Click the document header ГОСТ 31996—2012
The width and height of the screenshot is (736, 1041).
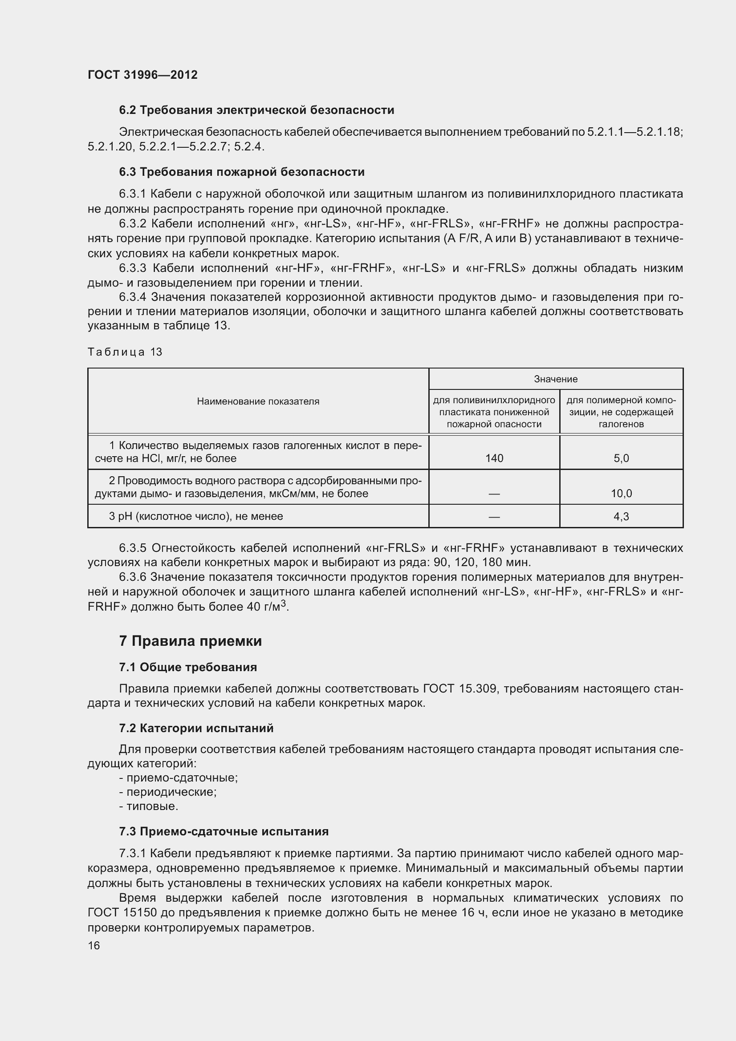[x=142, y=75]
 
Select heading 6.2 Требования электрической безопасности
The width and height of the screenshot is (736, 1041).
[x=256, y=110]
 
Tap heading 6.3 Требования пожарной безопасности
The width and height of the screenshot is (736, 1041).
[x=242, y=172]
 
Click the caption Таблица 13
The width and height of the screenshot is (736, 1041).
[x=125, y=352]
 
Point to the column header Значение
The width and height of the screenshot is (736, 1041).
[x=556, y=379]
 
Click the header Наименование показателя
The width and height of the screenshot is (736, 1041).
[x=258, y=401]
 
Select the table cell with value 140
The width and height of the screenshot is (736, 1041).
[x=494, y=458]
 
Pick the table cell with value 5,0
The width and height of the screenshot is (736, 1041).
[x=621, y=458]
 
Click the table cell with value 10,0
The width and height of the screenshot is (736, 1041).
[x=621, y=494]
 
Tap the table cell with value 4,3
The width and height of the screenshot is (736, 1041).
[x=621, y=516]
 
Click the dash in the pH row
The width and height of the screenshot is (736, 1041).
[x=494, y=516]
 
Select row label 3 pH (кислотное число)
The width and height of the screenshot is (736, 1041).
[x=195, y=516]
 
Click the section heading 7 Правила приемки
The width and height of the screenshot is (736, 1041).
[x=191, y=641]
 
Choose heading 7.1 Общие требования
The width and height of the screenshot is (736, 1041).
[x=188, y=667]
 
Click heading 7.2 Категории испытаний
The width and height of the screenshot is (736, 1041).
[x=196, y=728]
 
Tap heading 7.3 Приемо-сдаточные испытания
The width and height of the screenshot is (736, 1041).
[x=224, y=831]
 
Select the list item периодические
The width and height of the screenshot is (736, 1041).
[x=171, y=792]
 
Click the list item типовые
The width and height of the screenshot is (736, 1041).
[x=152, y=806]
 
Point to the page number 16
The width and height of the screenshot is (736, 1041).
[x=94, y=945]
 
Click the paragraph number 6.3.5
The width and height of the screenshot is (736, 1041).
[x=132, y=548]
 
